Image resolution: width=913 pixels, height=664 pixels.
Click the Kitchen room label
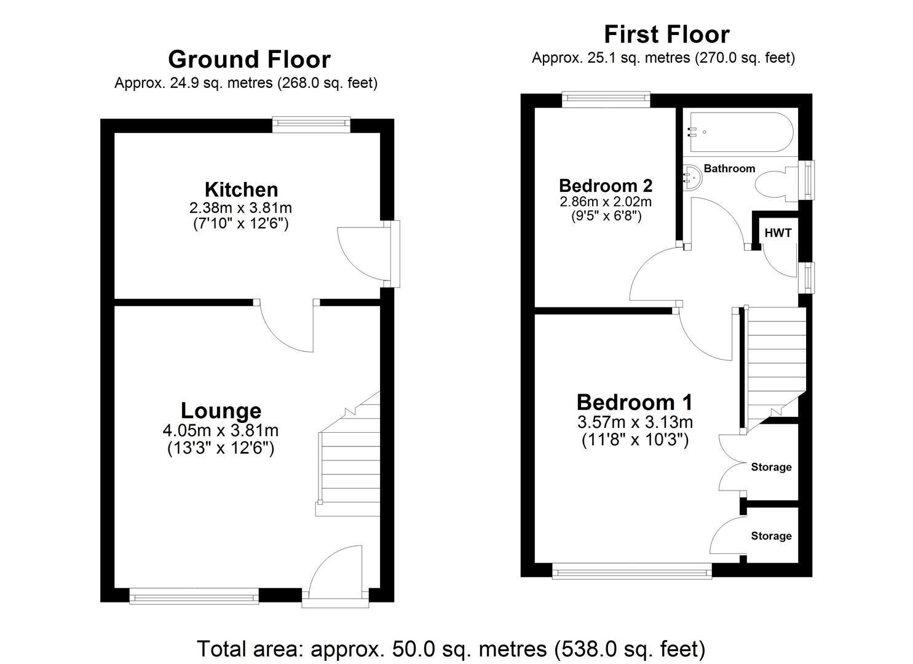(x=241, y=189)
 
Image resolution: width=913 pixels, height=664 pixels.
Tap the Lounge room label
(x=221, y=411)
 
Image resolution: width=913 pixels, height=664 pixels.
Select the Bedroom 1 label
(x=634, y=402)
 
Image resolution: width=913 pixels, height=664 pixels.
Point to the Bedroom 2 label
(x=605, y=185)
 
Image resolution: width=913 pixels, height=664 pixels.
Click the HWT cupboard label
(x=778, y=233)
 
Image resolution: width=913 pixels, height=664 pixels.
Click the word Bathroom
(x=729, y=168)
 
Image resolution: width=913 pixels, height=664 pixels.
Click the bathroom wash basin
(x=692, y=177)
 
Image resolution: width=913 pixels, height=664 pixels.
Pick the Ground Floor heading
(x=249, y=60)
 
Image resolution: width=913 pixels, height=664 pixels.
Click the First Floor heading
(x=666, y=34)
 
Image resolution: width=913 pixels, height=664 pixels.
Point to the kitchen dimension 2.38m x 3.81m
(x=241, y=208)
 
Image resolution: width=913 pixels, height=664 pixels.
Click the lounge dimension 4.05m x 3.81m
(x=221, y=430)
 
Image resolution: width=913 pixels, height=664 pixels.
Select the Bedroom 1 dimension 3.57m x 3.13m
(x=634, y=422)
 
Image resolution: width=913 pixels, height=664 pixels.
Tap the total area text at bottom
(x=451, y=649)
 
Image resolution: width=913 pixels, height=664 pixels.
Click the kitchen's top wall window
(x=312, y=125)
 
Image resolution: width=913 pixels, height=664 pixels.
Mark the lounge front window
(x=194, y=595)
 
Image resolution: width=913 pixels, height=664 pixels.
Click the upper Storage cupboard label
(x=771, y=467)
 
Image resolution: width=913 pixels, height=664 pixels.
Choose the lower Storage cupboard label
(x=771, y=536)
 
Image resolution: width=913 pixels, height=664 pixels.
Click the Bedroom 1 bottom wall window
(x=632, y=572)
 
